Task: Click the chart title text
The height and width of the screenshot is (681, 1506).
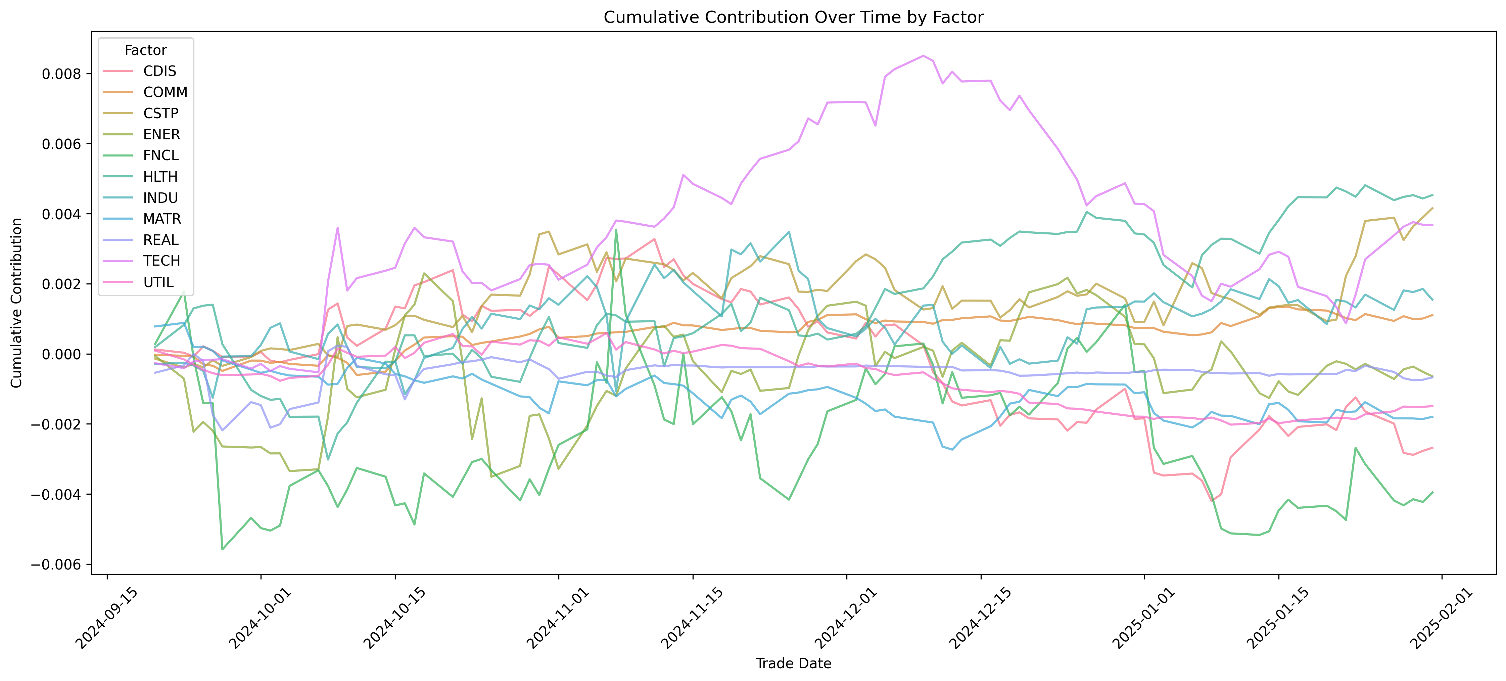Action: point(793,17)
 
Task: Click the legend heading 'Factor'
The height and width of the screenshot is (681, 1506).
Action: point(146,50)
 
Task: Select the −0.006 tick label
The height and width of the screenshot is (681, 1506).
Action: point(56,565)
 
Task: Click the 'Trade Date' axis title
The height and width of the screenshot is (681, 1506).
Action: point(793,664)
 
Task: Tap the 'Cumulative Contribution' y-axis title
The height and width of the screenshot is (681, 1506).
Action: point(16,303)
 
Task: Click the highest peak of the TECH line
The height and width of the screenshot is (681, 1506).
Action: point(923,56)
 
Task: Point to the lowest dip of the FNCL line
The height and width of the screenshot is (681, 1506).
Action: point(222,549)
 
